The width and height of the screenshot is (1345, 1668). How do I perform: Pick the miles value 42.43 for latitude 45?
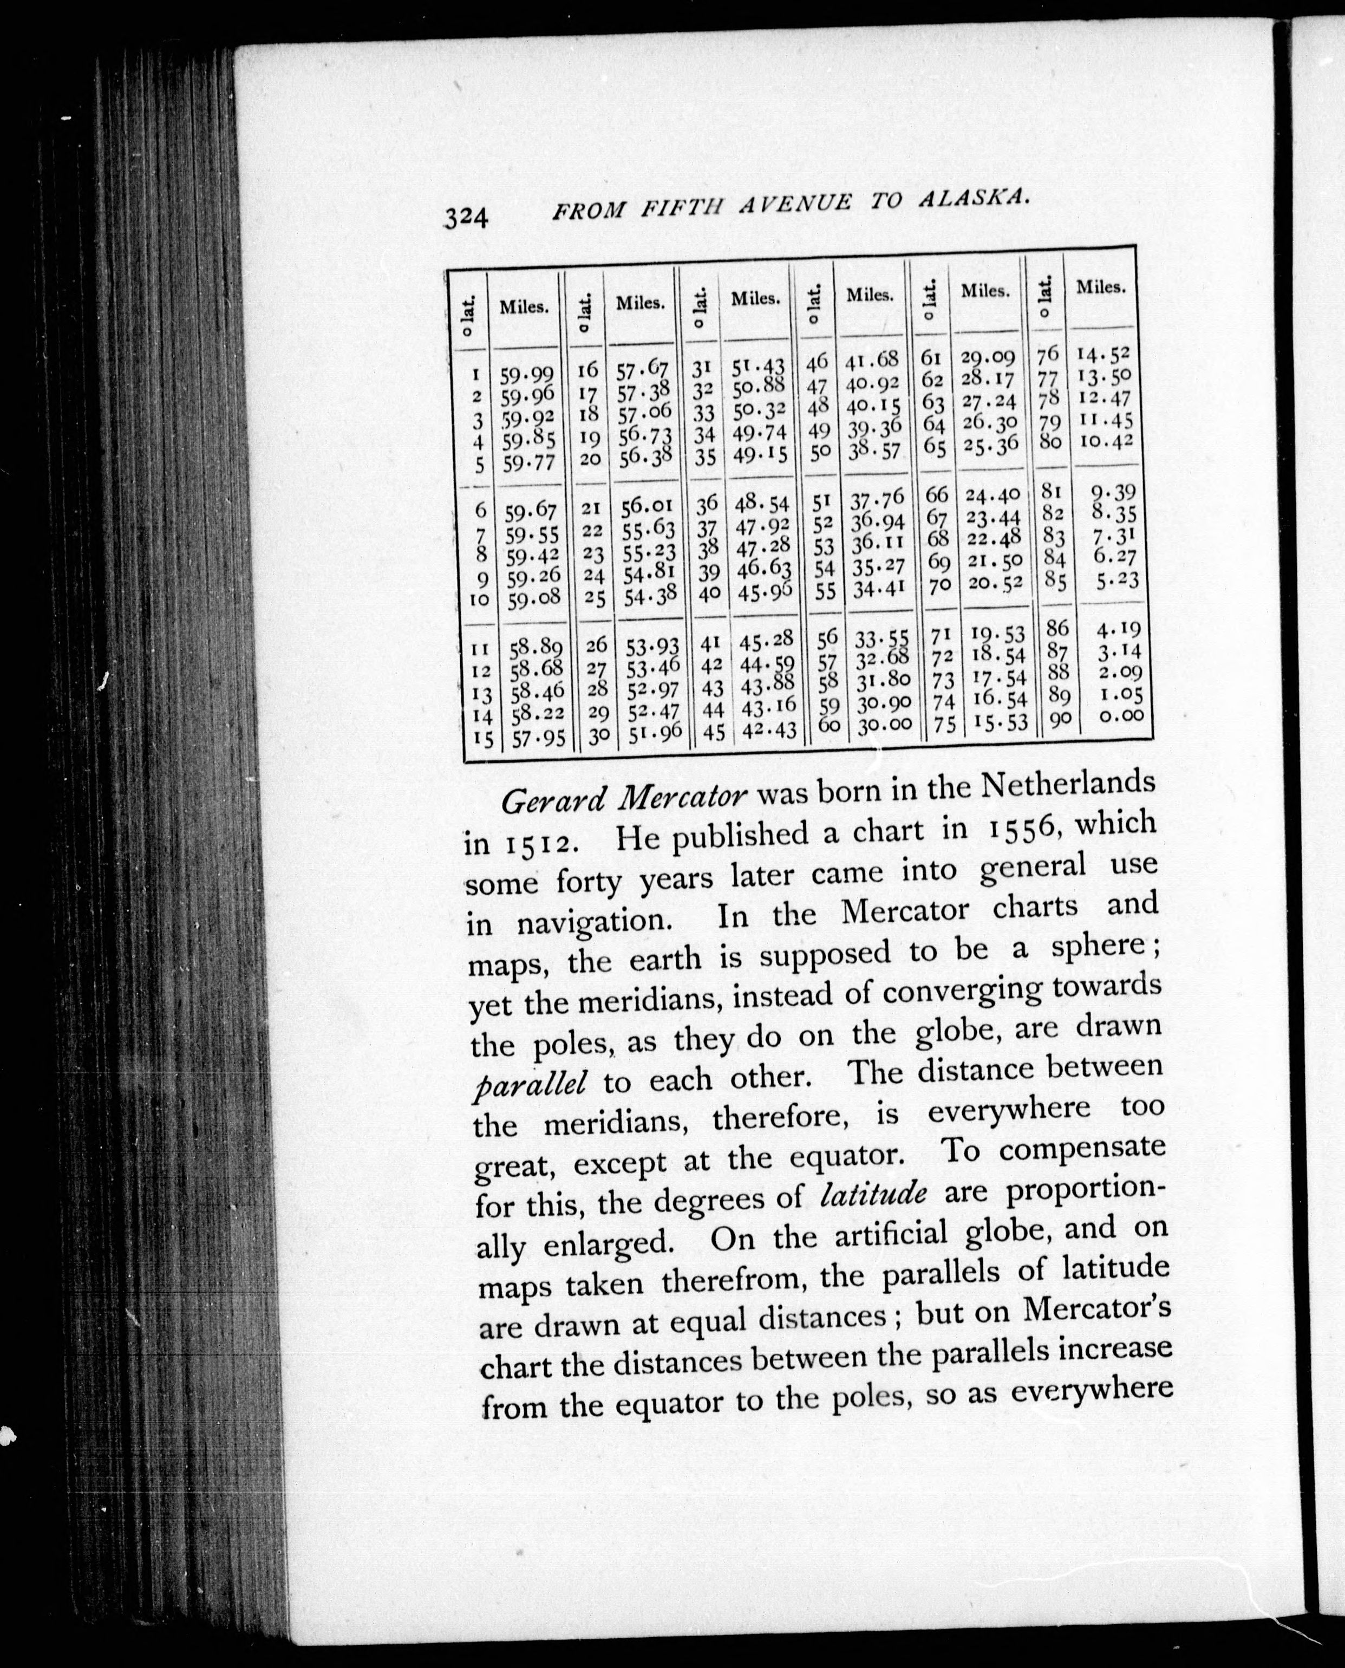769,729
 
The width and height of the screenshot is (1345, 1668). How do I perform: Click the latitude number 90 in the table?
1060,718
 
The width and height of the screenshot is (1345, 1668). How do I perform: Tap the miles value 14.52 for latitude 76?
1104,355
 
